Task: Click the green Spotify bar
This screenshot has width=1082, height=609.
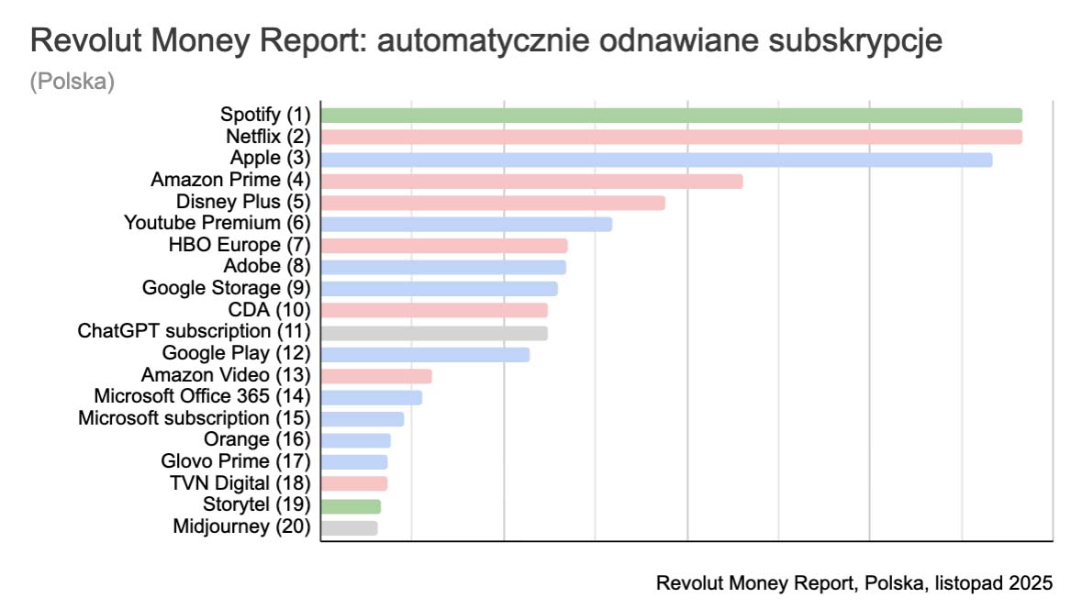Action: click(x=671, y=116)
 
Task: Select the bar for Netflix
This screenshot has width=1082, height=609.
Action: click(x=671, y=138)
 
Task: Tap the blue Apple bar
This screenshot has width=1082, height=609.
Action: click(x=656, y=160)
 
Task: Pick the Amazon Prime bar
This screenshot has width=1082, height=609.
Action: click(x=531, y=182)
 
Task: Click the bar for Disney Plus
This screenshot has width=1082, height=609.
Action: click(x=493, y=203)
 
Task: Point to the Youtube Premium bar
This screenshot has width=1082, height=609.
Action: click(x=466, y=224)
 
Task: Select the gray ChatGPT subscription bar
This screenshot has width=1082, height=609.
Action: click(x=434, y=333)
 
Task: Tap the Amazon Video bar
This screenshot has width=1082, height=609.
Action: click(x=376, y=376)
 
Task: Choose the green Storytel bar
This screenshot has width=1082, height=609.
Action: click(x=351, y=506)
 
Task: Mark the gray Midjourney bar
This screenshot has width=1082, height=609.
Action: click(x=349, y=527)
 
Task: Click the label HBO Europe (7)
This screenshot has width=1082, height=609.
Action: click(x=240, y=245)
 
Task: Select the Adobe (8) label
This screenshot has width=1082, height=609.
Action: click(x=267, y=266)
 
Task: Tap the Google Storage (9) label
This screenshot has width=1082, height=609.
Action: click(x=227, y=288)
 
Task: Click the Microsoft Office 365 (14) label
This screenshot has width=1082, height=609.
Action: click(x=203, y=396)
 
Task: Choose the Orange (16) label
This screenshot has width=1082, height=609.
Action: click(x=258, y=440)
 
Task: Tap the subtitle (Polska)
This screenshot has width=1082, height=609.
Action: click(x=72, y=82)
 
